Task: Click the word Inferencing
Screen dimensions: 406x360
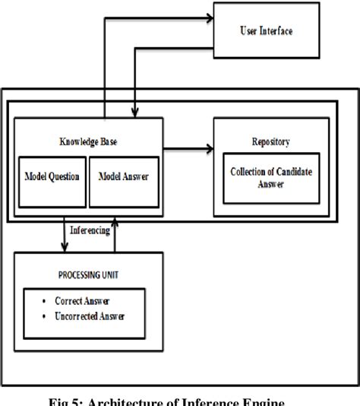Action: pos(88,227)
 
